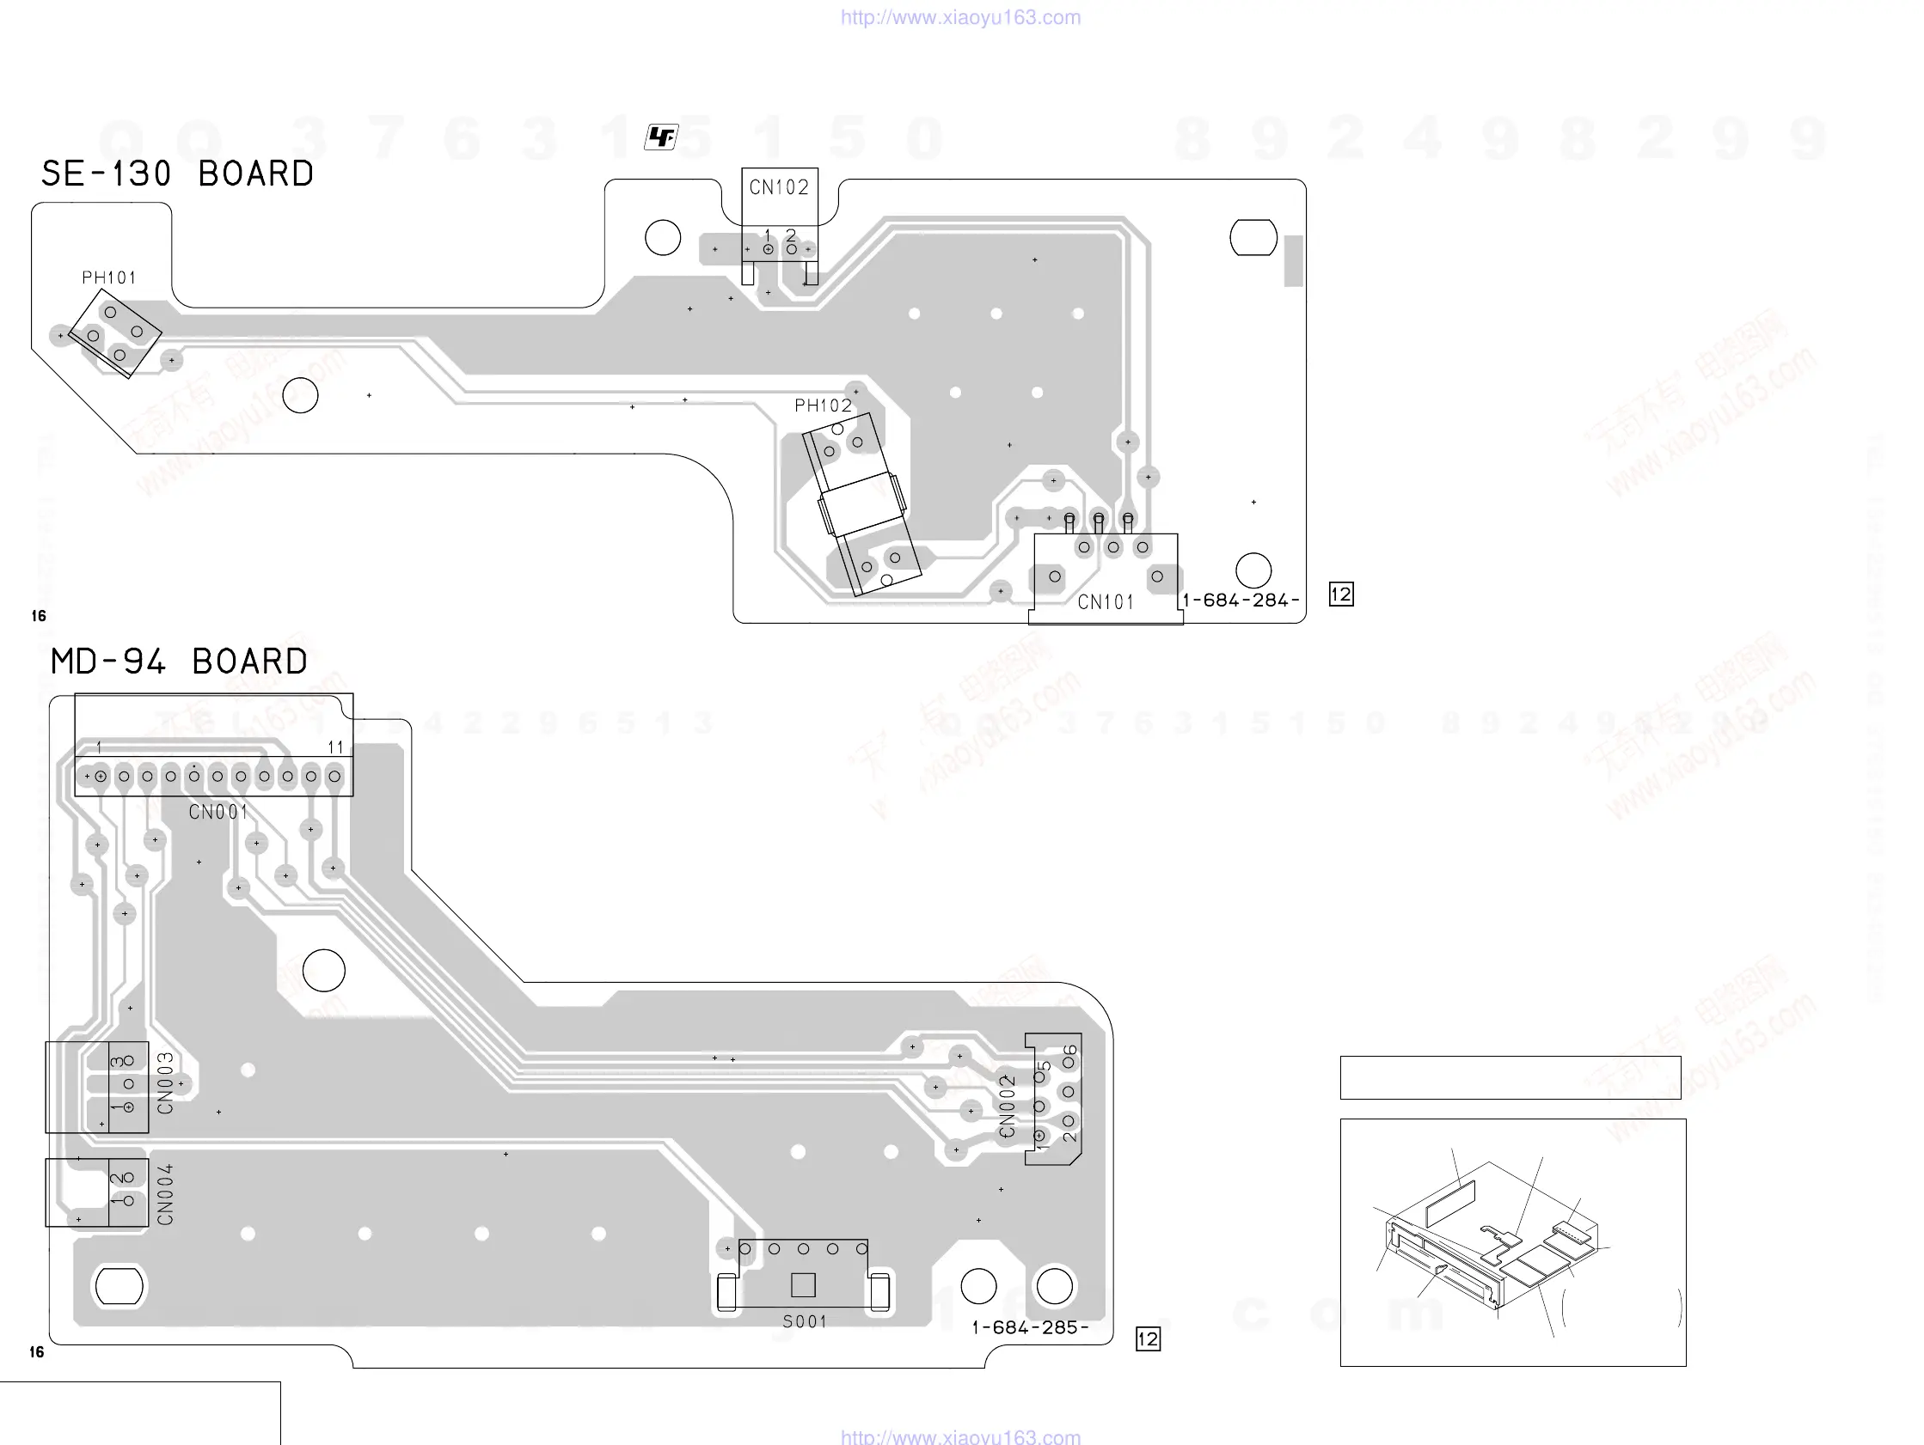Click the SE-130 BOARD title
point(177,174)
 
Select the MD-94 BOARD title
point(179,662)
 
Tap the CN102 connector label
point(779,188)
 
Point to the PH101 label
point(108,278)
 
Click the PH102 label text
point(823,406)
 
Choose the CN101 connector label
point(1106,602)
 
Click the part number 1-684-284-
point(1241,600)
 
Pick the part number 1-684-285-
point(1030,1327)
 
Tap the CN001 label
point(218,812)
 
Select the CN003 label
point(165,1083)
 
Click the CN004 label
point(165,1195)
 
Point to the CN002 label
point(1008,1107)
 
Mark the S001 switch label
point(805,1322)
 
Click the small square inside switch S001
point(803,1284)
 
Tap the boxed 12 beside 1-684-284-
point(1341,594)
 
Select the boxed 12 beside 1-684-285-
point(1149,1339)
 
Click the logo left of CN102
point(661,137)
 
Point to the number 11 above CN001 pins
point(336,747)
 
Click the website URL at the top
point(960,17)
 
